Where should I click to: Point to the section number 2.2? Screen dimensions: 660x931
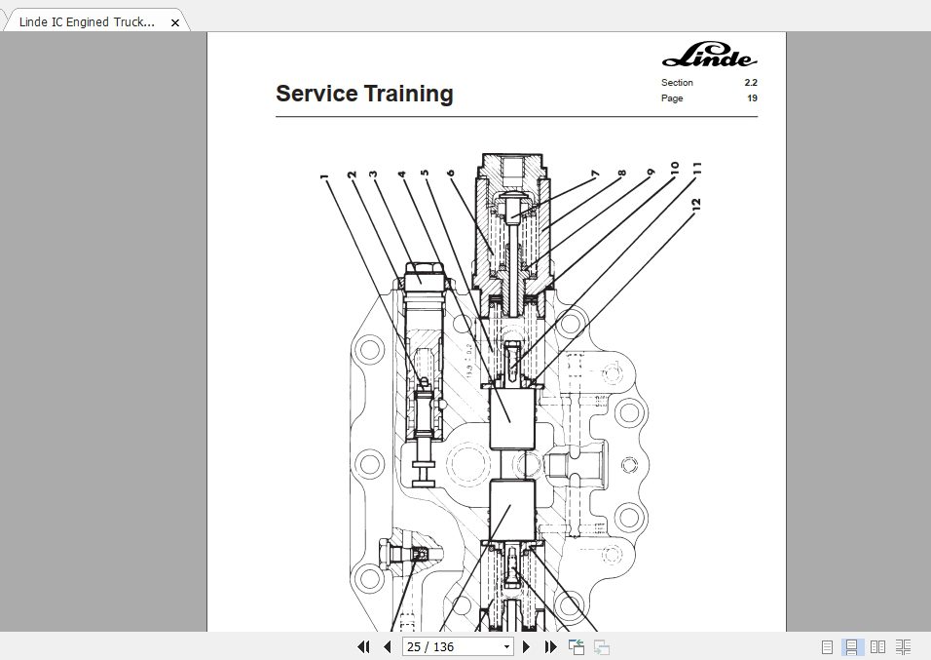coord(750,83)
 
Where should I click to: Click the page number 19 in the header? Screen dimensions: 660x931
coord(752,98)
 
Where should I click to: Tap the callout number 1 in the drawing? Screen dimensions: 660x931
coord(323,178)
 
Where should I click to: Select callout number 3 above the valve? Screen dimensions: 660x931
coord(372,175)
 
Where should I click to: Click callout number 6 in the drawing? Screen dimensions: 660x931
coord(450,174)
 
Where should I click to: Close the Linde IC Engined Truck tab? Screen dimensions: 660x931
coord(175,22)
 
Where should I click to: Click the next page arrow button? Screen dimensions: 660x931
coord(527,646)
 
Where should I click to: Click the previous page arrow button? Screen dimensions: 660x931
coord(387,646)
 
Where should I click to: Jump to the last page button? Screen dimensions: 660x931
coord(550,646)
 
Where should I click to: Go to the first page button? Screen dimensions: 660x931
coord(363,646)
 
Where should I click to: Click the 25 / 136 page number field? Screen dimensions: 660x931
coord(450,646)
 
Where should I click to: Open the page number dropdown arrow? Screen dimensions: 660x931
coord(506,646)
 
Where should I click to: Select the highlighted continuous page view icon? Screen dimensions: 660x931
coord(851,646)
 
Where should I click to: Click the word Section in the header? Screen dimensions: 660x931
coord(677,83)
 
